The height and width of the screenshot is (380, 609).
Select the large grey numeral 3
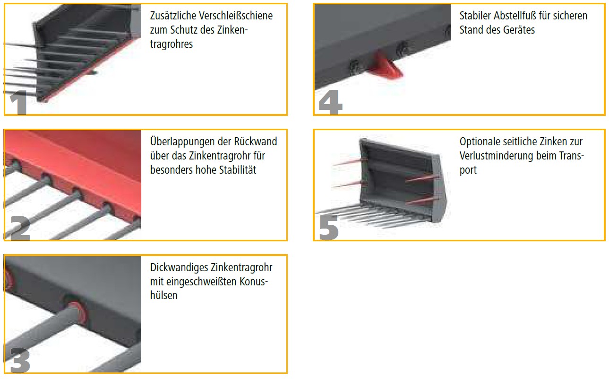19,360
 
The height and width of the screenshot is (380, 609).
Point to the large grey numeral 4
330,102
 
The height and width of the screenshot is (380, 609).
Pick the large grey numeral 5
329,228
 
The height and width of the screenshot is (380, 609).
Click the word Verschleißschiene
236,16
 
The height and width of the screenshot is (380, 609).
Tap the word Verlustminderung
497,156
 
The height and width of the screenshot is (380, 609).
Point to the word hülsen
163,296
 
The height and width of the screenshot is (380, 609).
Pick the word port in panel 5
468,170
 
